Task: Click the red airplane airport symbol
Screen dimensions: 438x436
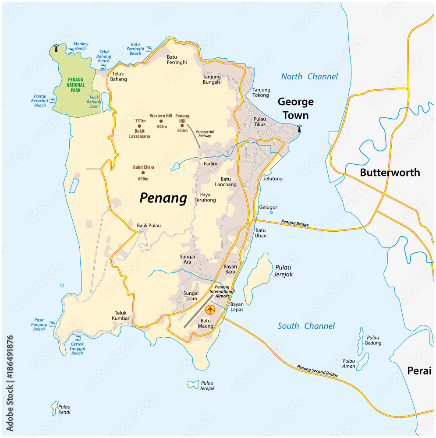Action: click(x=210, y=310)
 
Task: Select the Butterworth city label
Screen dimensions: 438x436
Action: click(x=390, y=173)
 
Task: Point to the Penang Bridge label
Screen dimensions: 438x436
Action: click(x=294, y=223)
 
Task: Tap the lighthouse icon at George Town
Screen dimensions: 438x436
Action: click(x=299, y=128)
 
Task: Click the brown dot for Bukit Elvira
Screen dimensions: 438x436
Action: click(x=143, y=173)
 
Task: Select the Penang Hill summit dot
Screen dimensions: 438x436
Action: click(x=182, y=125)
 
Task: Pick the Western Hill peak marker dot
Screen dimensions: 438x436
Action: click(x=161, y=121)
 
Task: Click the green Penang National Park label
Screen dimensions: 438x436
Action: click(x=75, y=85)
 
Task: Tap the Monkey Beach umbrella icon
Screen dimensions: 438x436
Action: click(x=71, y=51)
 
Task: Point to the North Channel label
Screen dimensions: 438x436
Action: click(x=309, y=77)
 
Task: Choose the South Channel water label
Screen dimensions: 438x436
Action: click(x=306, y=326)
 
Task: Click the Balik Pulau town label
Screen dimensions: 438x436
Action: click(x=149, y=226)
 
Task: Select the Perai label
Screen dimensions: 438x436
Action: click(x=419, y=371)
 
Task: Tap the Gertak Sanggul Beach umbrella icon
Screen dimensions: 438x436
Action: click(x=78, y=338)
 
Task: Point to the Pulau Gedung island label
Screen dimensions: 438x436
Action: click(x=373, y=340)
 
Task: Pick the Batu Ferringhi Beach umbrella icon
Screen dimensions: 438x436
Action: click(x=149, y=49)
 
